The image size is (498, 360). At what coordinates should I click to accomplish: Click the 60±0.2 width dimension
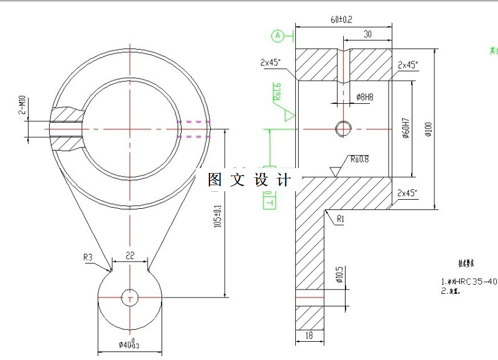(x=342, y=19)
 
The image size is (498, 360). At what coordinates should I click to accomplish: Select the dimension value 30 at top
(x=367, y=35)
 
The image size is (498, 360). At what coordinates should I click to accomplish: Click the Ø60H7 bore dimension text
(x=405, y=128)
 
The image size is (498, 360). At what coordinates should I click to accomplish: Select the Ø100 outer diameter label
(x=428, y=129)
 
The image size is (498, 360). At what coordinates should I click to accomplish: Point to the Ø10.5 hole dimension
(x=339, y=275)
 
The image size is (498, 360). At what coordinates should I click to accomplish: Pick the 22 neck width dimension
(x=129, y=256)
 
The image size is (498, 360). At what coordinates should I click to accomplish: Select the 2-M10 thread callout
(x=22, y=104)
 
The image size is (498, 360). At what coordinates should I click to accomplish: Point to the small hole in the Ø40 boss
(x=129, y=297)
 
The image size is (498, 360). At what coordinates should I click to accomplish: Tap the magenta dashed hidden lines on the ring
(x=193, y=129)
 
